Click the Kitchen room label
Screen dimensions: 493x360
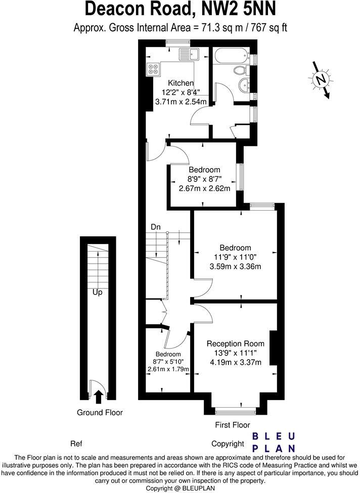click(x=181, y=83)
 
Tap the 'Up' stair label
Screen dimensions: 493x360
click(x=98, y=292)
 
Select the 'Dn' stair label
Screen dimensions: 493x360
click(x=156, y=227)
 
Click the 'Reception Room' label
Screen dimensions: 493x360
click(x=235, y=344)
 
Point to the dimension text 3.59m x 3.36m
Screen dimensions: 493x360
click(x=235, y=266)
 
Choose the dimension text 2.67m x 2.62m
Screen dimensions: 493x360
click(x=204, y=188)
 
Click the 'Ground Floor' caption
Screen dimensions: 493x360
click(x=100, y=413)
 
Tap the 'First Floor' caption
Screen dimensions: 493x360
click(x=233, y=425)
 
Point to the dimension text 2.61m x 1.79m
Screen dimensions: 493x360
click(x=168, y=369)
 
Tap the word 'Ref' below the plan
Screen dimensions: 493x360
click(x=76, y=444)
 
